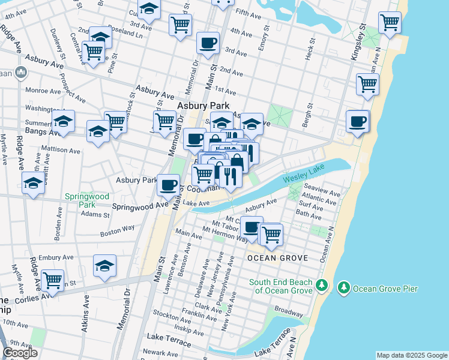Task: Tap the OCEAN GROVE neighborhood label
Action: coord(277,258)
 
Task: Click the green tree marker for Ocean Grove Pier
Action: coord(344,289)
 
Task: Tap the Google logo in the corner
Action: coord(20,353)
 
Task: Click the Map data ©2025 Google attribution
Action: coord(411,355)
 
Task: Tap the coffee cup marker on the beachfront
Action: coord(358,121)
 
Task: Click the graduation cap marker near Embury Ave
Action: coord(104,265)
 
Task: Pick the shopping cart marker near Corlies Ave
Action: coord(52,280)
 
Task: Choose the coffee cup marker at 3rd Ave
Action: coord(208,43)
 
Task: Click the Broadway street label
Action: coord(289,312)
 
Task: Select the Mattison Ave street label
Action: coord(61,150)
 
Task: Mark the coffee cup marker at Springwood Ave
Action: coord(169,184)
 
